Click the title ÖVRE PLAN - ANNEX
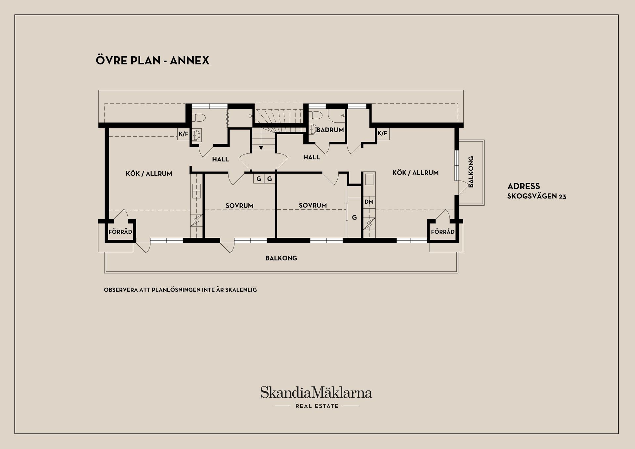[152, 60]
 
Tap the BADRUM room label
[330, 130]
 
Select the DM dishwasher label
[369, 202]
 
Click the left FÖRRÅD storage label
[120, 232]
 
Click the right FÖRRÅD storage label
[443, 232]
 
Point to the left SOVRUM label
[239, 206]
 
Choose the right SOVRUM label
[313, 205]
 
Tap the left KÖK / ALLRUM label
[149, 174]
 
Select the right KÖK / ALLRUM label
[415, 173]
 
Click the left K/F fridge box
[184, 134]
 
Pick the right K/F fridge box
[383, 134]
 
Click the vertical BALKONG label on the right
[471, 172]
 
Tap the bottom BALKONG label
[281, 258]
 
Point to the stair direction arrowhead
[261, 148]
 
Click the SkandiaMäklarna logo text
[316, 392]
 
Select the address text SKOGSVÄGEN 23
[537, 196]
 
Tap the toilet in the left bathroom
[199, 118]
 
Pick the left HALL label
[221, 159]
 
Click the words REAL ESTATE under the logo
[317, 406]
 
